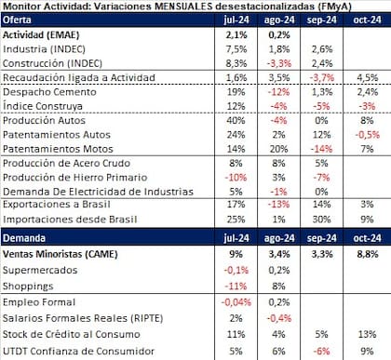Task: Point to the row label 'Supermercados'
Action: (x=40, y=270)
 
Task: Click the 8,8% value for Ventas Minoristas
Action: (x=364, y=254)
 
